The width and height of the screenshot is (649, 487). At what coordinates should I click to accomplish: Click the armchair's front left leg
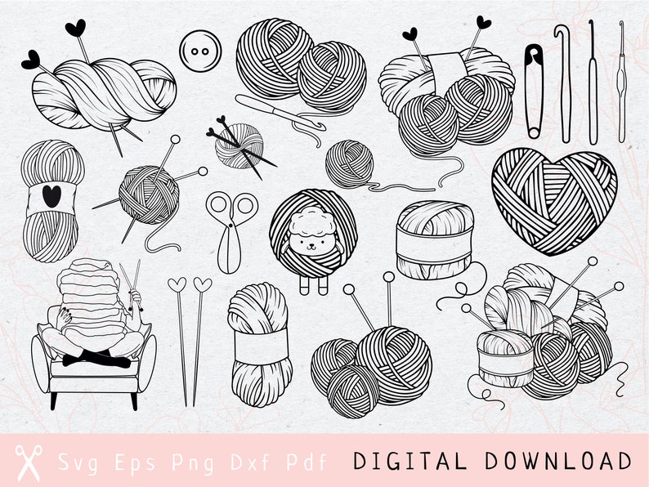point(55,400)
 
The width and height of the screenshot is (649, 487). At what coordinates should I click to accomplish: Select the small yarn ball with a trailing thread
point(350,164)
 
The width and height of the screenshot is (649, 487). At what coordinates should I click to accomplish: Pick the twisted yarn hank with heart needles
point(102,90)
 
